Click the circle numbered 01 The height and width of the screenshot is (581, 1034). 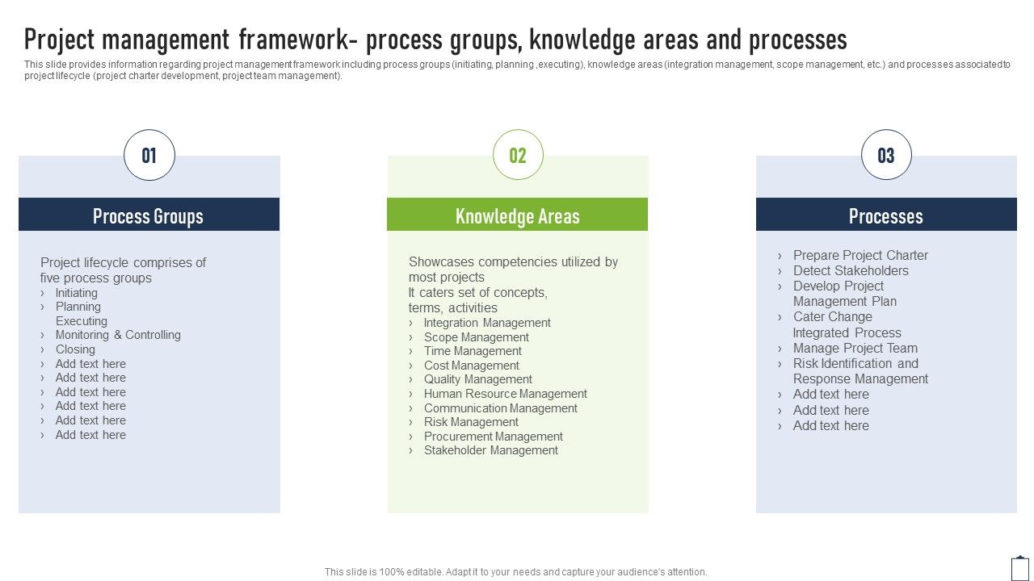tap(149, 155)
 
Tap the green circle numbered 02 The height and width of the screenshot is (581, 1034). tap(518, 155)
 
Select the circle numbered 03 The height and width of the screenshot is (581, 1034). tap(886, 155)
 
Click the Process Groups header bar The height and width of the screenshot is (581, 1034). tap(149, 215)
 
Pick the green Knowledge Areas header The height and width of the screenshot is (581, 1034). tap(518, 215)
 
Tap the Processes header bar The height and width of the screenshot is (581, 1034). tap(886, 215)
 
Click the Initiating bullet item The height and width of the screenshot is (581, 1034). tap(77, 293)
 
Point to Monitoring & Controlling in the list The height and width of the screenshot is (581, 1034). tap(118, 335)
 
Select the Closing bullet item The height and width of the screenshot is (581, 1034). tap(75, 349)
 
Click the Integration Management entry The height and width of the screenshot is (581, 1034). tap(487, 323)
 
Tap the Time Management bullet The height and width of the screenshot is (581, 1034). tap(473, 351)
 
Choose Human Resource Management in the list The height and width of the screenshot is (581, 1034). tap(506, 394)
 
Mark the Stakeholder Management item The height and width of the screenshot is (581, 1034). tap(491, 450)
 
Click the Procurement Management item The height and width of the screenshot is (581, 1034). tap(494, 437)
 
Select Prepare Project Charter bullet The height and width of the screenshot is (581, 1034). tap(860, 255)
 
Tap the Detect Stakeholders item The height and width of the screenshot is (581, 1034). tap(851, 270)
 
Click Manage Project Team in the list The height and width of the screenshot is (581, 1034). tap(855, 348)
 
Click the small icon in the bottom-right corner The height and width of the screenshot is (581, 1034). tap(1020, 568)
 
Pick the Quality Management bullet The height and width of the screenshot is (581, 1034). tap(478, 379)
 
